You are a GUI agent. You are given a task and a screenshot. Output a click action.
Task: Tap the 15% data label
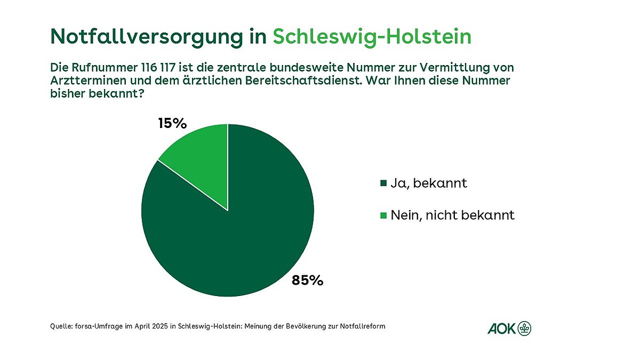(x=172, y=124)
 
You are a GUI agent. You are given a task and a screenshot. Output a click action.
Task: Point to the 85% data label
(x=307, y=280)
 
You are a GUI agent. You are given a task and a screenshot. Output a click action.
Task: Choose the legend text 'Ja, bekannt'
(x=429, y=183)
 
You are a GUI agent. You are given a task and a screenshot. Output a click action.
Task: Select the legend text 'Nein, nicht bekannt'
(x=452, y=215)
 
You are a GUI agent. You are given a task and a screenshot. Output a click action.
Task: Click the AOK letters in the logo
(x=501, y=329)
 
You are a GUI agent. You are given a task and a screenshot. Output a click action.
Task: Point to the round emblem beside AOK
(x=525, y=329)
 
